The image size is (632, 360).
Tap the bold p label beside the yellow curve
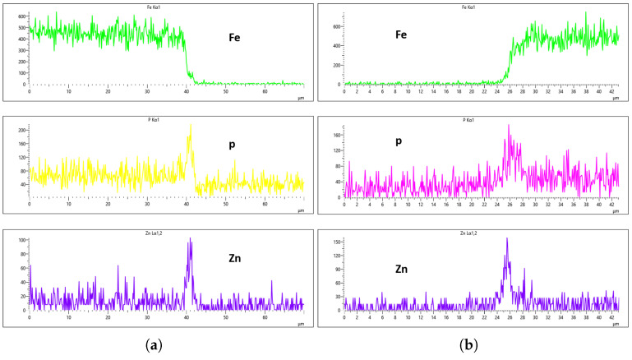tap(233, 145)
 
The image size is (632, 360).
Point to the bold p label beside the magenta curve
tap(399, 141)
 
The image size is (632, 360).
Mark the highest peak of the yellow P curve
tap(191, 126)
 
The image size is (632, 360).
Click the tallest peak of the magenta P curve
tap(508, 126)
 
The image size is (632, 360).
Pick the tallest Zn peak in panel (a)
tap(190, 240)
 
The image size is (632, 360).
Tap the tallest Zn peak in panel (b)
tap(507, 239)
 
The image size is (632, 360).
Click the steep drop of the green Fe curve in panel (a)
tap(186, 58)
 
